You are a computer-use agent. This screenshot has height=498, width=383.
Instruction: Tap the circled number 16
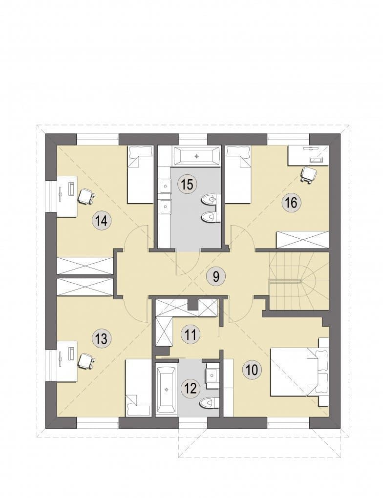point(292,202)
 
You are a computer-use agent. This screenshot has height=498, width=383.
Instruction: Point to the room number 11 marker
point(191,334)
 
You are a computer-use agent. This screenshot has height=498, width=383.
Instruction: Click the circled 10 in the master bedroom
point(252,370)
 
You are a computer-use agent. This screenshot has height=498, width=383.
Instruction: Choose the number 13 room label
point(102,338)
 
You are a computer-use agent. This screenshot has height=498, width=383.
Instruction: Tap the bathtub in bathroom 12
point(166,390)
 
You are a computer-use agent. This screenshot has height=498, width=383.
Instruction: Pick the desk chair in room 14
point(86,197)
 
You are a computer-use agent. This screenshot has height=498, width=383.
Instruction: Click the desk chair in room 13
point(86,361)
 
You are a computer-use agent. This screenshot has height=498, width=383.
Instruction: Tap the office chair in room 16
point(309,174)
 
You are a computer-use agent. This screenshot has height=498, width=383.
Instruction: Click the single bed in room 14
point(140,174)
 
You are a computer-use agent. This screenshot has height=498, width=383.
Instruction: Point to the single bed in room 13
point(139,387)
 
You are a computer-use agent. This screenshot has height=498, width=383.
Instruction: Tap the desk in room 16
point(308,156)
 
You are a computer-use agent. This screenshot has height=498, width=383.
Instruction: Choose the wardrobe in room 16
point(302,240)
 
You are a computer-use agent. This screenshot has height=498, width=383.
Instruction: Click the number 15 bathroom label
point(188,184)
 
